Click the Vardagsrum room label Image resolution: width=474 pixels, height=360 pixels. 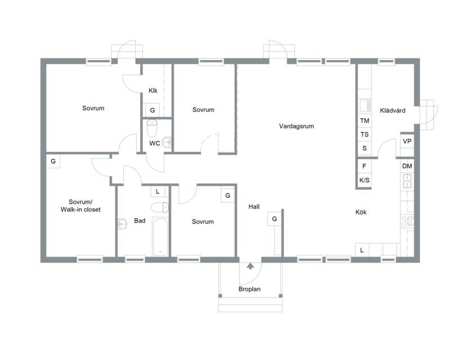(296, 126)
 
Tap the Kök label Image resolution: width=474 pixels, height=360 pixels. (361, 212)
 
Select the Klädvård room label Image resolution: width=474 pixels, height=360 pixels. (392, 111)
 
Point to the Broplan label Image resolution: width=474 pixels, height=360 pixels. (249, 289)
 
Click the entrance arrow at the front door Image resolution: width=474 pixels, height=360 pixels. (250, 266)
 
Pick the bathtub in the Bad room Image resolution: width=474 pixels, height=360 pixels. (160, 237)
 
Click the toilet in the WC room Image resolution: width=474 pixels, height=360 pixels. (152, 128)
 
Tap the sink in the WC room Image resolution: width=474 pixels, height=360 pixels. (167, 142)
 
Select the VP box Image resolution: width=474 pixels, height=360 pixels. (407, 141)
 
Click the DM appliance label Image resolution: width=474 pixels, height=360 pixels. (407, 166)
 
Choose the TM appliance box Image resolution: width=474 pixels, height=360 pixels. (365, 121)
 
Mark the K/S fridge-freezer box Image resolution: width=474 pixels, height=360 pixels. (364, 181)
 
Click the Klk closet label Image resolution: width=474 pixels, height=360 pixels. (153, 91)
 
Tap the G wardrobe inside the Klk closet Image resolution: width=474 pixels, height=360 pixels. (153, 110)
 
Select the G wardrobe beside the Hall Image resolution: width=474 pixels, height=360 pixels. (275, 219)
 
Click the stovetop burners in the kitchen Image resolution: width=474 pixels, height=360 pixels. (407, 221)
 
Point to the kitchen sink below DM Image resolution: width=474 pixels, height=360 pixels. (407, 181)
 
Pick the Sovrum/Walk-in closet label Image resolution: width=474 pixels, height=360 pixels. (81, 206)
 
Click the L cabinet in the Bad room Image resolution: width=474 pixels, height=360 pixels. (158, 191)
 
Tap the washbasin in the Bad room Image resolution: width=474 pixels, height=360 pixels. (122, 224)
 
